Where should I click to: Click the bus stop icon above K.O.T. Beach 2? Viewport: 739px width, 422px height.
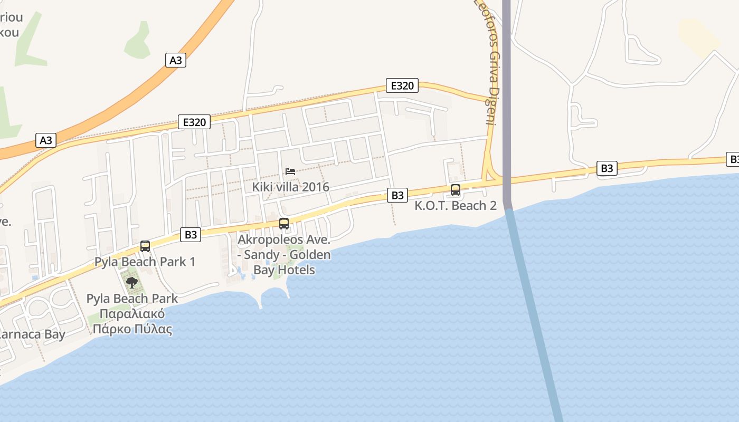tap(456, 190)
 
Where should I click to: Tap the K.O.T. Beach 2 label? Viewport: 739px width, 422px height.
tap(456, 206)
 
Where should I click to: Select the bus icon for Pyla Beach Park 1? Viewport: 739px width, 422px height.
tap(145, 246)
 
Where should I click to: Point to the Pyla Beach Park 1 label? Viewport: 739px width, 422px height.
tap(145, 262)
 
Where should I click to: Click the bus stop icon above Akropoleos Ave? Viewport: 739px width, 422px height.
tap(284, 224)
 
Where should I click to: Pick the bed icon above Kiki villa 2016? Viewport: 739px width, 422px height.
tap(290, 171)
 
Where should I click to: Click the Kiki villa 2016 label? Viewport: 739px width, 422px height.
tap(290, 187)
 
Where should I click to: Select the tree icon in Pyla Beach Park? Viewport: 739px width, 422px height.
tap(132, 283)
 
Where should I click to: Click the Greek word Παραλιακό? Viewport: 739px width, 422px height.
tap(132, 314)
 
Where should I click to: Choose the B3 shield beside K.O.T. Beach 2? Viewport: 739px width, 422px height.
tap(397, 195)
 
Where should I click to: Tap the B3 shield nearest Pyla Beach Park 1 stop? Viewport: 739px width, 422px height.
tap(191, 235)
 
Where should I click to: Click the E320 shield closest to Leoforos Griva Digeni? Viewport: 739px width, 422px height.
tap(402, 85)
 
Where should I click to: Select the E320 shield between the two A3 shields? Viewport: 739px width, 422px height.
tap(194, 122)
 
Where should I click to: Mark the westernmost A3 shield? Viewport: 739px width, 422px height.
tap(46, 140)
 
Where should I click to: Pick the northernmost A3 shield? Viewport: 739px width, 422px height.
tap(176, 60)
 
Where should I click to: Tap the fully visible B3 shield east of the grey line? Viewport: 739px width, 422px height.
tap(607, 168)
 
